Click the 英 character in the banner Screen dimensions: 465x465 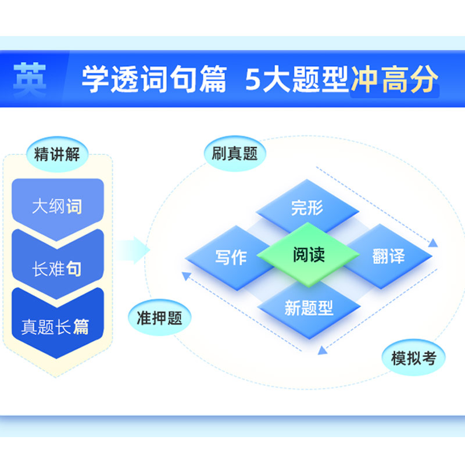30,79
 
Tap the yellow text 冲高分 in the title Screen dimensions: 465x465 395,79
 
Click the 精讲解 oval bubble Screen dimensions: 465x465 57,154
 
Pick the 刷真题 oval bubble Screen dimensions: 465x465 235,153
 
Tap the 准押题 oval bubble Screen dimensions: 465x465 159,317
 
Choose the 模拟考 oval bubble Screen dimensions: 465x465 414,357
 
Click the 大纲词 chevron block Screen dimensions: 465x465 58,208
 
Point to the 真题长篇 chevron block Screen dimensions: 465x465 58,325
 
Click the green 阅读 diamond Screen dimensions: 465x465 309,255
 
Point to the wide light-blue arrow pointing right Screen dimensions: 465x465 133,250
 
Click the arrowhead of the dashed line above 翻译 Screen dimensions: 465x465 433,243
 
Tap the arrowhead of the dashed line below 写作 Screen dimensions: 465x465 186,276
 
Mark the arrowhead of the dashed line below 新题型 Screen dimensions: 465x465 323,350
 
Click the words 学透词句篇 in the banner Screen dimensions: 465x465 154,79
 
